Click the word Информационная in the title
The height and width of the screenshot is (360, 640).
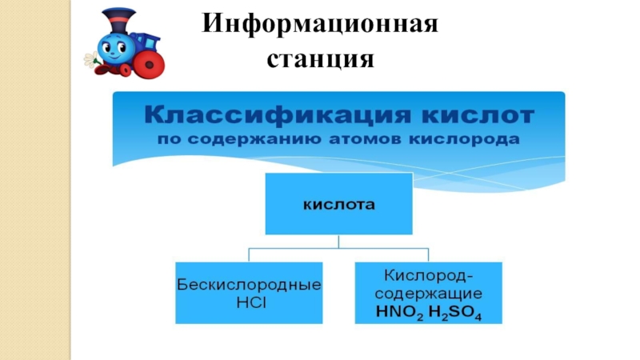click(x=321, y=23)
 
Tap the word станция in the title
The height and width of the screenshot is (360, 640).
click(x=321, y=58)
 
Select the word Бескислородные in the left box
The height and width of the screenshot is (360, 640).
click(x=249, y=285)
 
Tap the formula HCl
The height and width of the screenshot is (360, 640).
click(x=249, y=300)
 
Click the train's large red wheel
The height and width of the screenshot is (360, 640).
click(x=147, y=63)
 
